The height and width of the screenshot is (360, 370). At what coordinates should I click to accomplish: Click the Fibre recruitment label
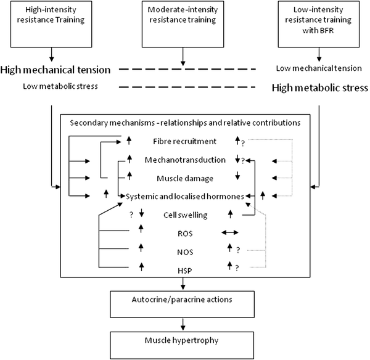click(184, 141)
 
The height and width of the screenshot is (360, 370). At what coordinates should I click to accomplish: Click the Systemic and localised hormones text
click(186, 196)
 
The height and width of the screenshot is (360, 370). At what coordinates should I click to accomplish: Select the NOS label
click(184, 251)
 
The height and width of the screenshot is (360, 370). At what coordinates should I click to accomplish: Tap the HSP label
click(184, 269)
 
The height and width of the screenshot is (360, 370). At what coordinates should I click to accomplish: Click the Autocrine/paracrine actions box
click(183, 302)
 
